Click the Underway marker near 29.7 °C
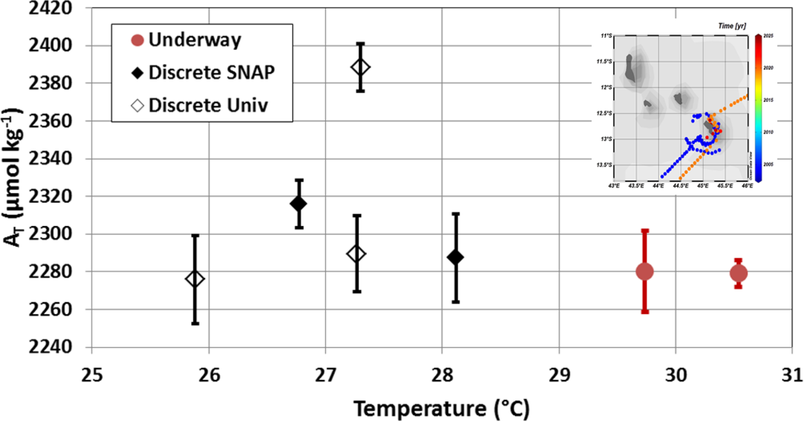tap(645, 271)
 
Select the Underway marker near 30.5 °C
tap(738, 273)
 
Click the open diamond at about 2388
tap(361, 67)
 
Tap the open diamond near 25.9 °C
tap(195, 279)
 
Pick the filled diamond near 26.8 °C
tap(299, 204)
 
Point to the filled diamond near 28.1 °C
tap(455, 257)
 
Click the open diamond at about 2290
tap(356, 254)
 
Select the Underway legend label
tap(194, 40)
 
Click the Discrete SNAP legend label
tap(211, 73)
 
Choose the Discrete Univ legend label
tap(208, 106)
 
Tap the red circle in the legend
tap(137, 40)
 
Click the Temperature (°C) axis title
tap(441, 409)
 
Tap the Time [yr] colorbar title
tap(732, 26)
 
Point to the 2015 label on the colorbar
tap(768, 100)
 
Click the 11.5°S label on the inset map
tap(604, 62)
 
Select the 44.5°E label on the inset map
tap(680, 186)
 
